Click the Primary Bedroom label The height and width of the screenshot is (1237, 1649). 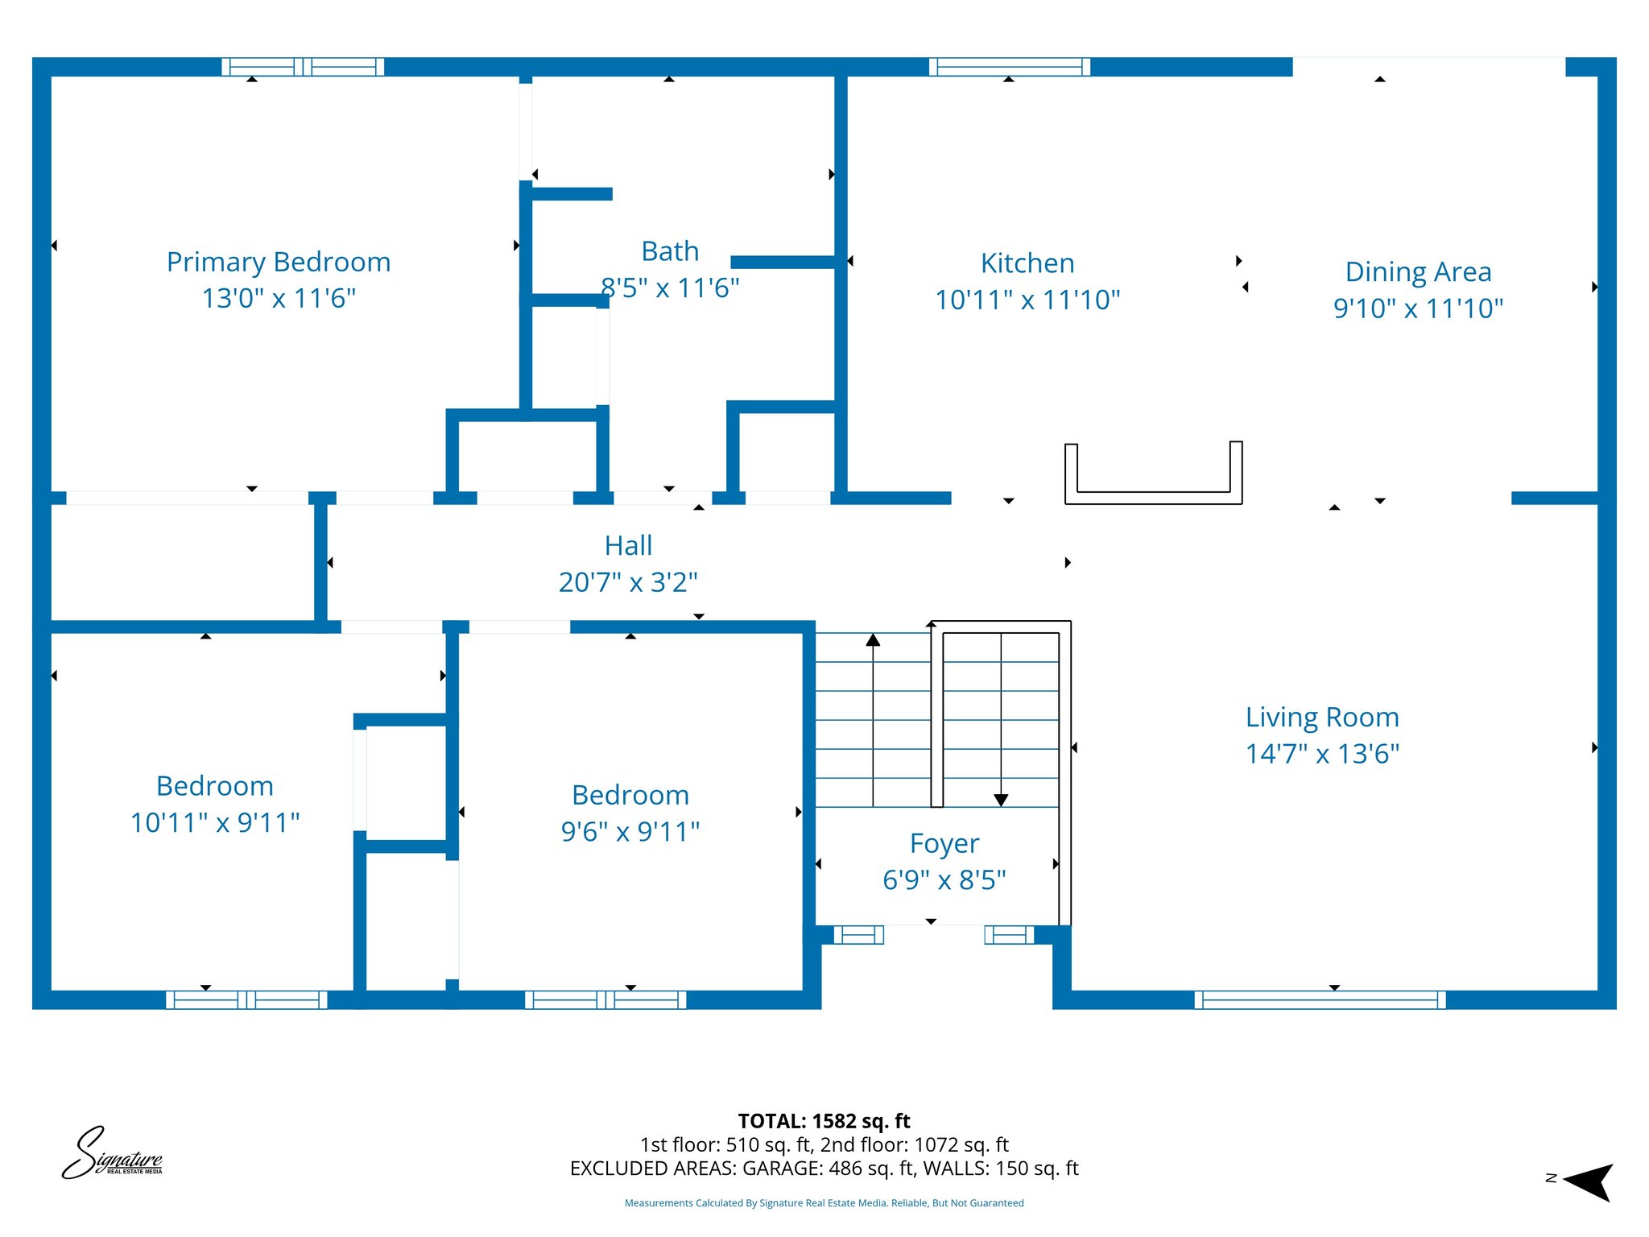[279, 263]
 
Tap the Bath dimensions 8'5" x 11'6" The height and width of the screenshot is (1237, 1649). [670, 288]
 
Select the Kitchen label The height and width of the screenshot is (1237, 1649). [1027, 263]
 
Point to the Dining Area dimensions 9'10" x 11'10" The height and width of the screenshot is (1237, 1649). [1418, 308]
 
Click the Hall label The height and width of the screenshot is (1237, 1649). [628, 546]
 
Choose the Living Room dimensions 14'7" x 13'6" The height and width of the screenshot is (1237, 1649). [1322, 754]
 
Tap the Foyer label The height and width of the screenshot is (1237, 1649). [944, 844]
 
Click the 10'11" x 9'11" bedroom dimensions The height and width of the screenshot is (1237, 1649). [215, 823]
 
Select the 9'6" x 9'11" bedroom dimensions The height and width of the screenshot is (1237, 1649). [630, 832]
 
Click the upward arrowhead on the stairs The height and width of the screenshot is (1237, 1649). [873, 640]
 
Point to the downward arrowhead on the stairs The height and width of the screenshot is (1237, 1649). [1001, 800]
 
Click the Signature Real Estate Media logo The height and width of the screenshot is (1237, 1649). [113, 1154]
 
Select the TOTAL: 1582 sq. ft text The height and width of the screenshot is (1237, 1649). [824, 1121]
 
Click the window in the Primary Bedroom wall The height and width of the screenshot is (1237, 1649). [303, 67]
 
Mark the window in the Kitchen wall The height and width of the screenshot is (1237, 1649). [1010, 67]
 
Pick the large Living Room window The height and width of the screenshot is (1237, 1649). [1320, 999]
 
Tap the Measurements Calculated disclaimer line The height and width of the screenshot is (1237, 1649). [824, 1203]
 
